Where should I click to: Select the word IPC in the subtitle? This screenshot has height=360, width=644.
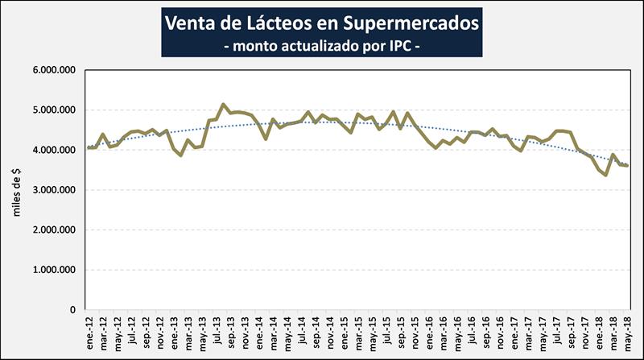[x=397, y=47]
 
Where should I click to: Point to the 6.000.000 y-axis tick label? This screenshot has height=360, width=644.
[x=54, y=70]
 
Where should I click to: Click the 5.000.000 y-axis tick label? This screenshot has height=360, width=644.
[x=54, y=110]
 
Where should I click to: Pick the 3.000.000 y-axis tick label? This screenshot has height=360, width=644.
[x=54, y=190]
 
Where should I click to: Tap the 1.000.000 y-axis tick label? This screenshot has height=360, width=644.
[x=54, y=270]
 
